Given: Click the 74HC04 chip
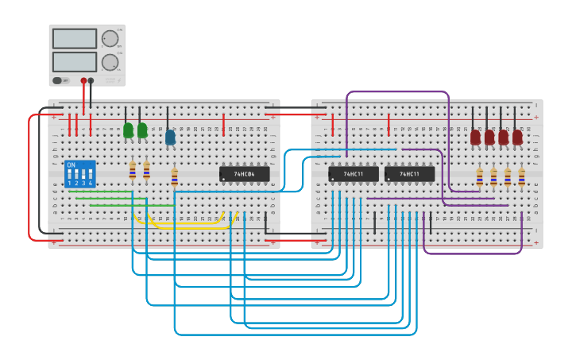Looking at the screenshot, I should (x=244, y=174).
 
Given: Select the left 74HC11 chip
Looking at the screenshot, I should (x=353, y=174).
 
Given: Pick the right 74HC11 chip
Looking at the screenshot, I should (x=409, y=174).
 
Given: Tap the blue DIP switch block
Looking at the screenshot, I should (x=79, y=173).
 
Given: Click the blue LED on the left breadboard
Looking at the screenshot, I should (x=170, y=137).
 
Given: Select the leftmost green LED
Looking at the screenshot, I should (x=128, y=130).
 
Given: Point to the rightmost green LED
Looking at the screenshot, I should (x=142, y=130).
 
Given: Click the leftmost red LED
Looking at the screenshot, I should (x=475, y=137).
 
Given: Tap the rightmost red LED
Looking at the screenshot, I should (x=517, y=137).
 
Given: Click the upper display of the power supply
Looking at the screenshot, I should (x=75, y=38).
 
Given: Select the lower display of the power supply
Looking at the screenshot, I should (x=75, y=61).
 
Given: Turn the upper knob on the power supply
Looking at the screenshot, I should (x=110, y=38).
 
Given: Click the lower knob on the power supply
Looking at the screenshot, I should (x=110, y=62).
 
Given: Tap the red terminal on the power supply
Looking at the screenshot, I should (x=83, y=80).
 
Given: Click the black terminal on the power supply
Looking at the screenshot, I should (x=91, y=80).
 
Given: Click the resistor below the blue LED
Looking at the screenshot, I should (x=174, y=176).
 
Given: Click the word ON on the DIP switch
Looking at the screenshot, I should (x=72, y=165).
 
